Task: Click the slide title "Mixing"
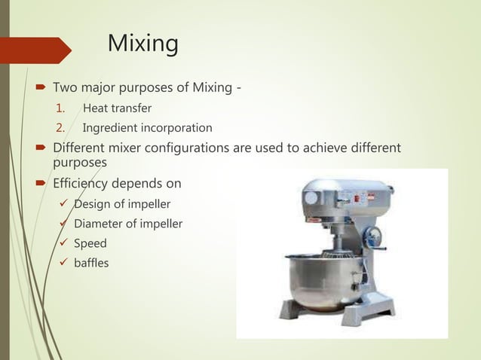(x=143, y=44)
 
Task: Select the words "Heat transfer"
(x=117, y=108)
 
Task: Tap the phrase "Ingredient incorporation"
(x=147, y=128)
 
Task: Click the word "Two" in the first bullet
(x=66, y=90)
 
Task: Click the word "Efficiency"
(x=84, y=183)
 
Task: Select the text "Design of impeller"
(x=121, y=204)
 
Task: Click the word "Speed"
(x=90, y=243)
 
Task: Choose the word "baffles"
(x=91, y=263)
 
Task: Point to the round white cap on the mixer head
(x=310, y=198)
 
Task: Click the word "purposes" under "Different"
(x=81, y=162)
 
